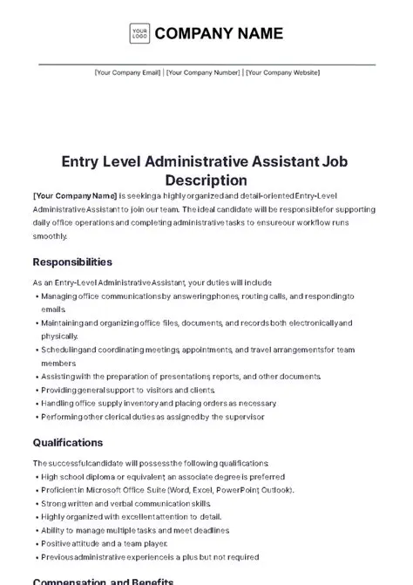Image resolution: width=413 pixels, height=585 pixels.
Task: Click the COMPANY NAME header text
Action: click(x=218, y=34)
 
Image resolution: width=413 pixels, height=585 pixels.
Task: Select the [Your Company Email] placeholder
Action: click(x=127, y=73)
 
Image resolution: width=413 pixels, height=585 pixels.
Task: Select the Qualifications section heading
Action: click(x=68, y=442)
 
